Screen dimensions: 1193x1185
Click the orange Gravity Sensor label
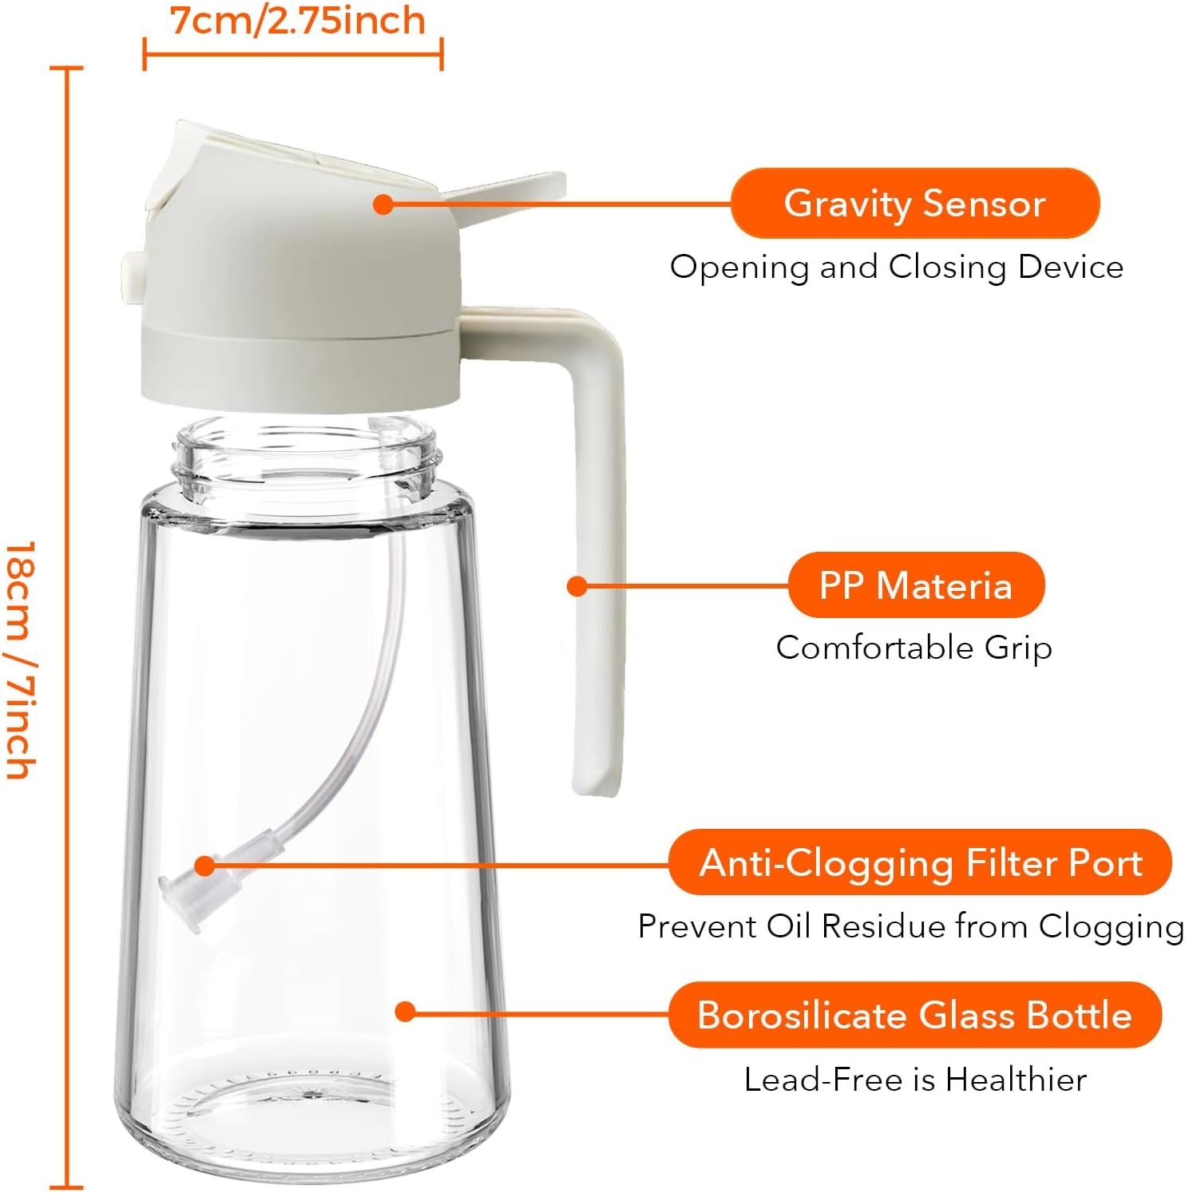pos(915,203)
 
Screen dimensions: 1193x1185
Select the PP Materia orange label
pos(916,585)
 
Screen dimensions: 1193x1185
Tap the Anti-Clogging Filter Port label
pos(921,862)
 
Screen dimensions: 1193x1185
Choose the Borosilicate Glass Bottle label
pos(914,1015)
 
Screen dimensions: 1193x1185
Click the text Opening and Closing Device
pos(896,267)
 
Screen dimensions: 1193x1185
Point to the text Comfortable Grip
pos(914,647)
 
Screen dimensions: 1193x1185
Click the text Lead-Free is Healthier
pos(915,1080)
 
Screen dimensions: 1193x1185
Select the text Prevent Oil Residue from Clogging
pos(910,926)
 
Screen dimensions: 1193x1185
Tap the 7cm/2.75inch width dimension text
pos(298,22)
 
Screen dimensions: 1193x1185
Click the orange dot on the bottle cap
pos(383,204)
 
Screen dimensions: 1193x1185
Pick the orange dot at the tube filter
pos(205,866)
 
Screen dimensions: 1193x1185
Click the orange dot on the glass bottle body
pos(406,1012)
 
